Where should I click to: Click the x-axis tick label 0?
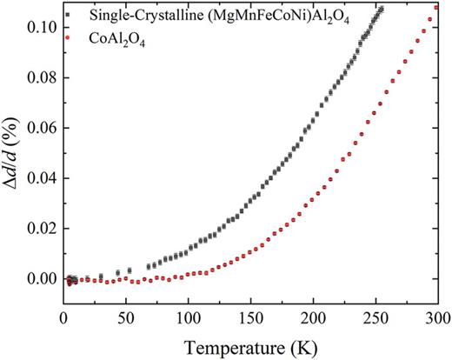pyautogui.click(x=63, y=315)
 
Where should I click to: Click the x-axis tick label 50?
pyautogui.click(x=126, y=315)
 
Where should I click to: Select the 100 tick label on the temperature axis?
pyautogui.click(x=188, y=315)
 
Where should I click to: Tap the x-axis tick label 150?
pyautogui.click(x=250, y=315)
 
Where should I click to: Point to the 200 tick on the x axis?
pyautogui.click(x=313, y=315)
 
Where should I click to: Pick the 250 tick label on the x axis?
pyautogui.click(x=376, y=315)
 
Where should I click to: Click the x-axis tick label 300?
pyautogui.click(x=437, y=315)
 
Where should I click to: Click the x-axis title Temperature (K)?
pyautogui.click(x=251, y=343)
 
